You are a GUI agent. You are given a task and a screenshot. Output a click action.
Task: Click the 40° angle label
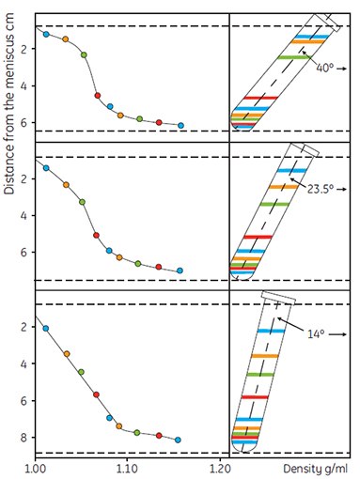coord(326,67)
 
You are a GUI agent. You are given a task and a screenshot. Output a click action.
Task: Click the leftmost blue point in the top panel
coord(46,34)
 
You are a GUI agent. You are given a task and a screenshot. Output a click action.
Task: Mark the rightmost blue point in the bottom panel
coord(179,440)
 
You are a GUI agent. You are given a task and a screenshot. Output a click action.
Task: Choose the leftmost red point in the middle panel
coord(96,235)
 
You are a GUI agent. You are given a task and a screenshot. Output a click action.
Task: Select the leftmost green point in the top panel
coord(84,54)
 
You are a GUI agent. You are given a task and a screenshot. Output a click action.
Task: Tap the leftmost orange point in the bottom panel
coord(66,353)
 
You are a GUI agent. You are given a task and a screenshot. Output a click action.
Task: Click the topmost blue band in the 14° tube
coord(273,331)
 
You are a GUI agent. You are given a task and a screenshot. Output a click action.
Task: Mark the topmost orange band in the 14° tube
coord(265,357)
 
